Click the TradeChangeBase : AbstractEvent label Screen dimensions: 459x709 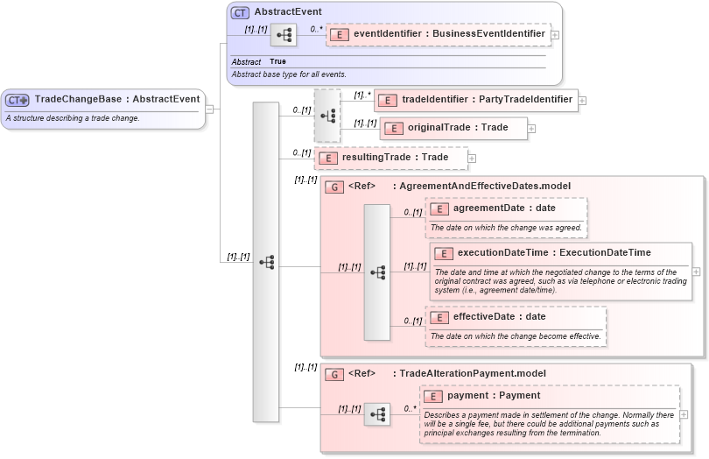point(116,99)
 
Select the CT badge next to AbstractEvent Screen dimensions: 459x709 point(240,12)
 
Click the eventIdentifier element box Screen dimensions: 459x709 point(439,34)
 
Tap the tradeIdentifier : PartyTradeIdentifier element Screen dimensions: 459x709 point(477,100)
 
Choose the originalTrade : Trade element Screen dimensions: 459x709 point(455,128)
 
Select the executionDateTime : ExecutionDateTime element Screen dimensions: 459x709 point(553,253)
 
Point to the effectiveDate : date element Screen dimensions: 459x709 point(498,317)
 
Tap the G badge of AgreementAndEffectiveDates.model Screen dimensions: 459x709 point(333,187)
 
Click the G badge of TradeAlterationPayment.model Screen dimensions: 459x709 point(333,374)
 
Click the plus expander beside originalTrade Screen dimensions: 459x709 point(531,129)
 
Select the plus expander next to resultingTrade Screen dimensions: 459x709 point(472,159)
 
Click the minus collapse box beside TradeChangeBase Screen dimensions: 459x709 point(209,109)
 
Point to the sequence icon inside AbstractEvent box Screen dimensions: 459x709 point(283,36)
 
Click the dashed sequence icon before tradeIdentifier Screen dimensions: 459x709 point(327,116)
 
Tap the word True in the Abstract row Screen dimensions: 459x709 point(277,62)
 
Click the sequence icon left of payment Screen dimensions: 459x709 point(377,415)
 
